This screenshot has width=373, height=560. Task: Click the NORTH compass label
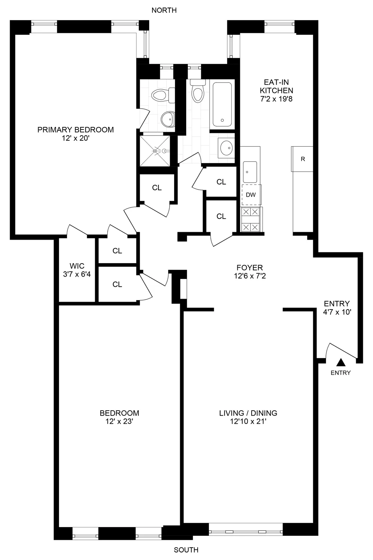[164, 10]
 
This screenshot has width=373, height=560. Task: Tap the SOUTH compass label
[186, 550]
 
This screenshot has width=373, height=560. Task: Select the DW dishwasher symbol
[251, 195]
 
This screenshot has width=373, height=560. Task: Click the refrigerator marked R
[302, 159]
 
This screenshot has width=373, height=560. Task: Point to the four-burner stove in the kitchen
[251, 220]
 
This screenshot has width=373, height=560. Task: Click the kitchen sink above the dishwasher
[250, 172]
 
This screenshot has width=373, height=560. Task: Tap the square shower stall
[155, 151]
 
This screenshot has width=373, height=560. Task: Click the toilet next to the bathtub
[197, 91]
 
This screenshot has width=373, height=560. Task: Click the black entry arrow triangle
[340, 362]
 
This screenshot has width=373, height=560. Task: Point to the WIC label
[77, 266]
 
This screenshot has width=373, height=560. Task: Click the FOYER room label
[250, 268]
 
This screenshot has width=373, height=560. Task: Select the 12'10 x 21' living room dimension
[248, 421]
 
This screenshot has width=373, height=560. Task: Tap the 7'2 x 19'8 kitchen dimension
[277, 99]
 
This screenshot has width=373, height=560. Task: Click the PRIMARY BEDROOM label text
[75, 130]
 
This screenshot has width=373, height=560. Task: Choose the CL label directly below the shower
[157, 187]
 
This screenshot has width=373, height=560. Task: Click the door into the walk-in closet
[76, 231]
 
